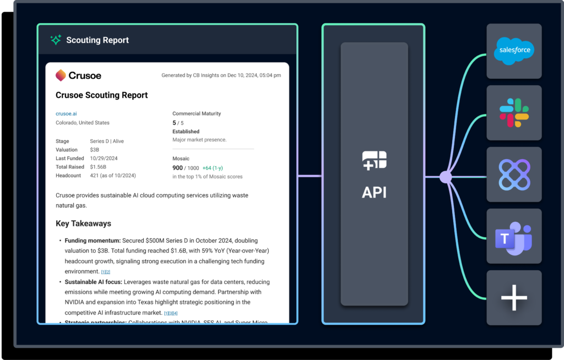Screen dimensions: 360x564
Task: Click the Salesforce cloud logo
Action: pos(514,50)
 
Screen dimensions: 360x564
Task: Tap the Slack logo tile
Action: pos(514,112)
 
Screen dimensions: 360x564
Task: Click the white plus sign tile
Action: pos(514,298)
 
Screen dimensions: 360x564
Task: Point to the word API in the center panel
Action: pos(375,192)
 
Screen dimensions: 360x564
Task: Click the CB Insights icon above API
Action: pos(375,160)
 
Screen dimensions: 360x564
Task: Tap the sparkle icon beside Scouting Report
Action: pos(56,40)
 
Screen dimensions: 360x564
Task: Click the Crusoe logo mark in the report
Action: pos(61,75)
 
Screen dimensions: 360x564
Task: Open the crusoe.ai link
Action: pos(67,113)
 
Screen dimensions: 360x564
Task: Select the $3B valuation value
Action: pos(95,150)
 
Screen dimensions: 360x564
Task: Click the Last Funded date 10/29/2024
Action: pos(104,159)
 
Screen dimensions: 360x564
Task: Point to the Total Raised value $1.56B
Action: pos(98,167)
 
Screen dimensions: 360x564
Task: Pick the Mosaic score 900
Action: pos(177,168)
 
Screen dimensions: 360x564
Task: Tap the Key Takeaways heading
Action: pos(83,223)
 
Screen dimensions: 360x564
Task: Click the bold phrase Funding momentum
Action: pos(92,241)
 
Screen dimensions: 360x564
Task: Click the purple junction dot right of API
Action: pos(446,177)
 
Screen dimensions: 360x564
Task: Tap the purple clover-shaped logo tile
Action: pos(514,176)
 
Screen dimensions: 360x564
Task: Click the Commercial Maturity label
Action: pos(197,113)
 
